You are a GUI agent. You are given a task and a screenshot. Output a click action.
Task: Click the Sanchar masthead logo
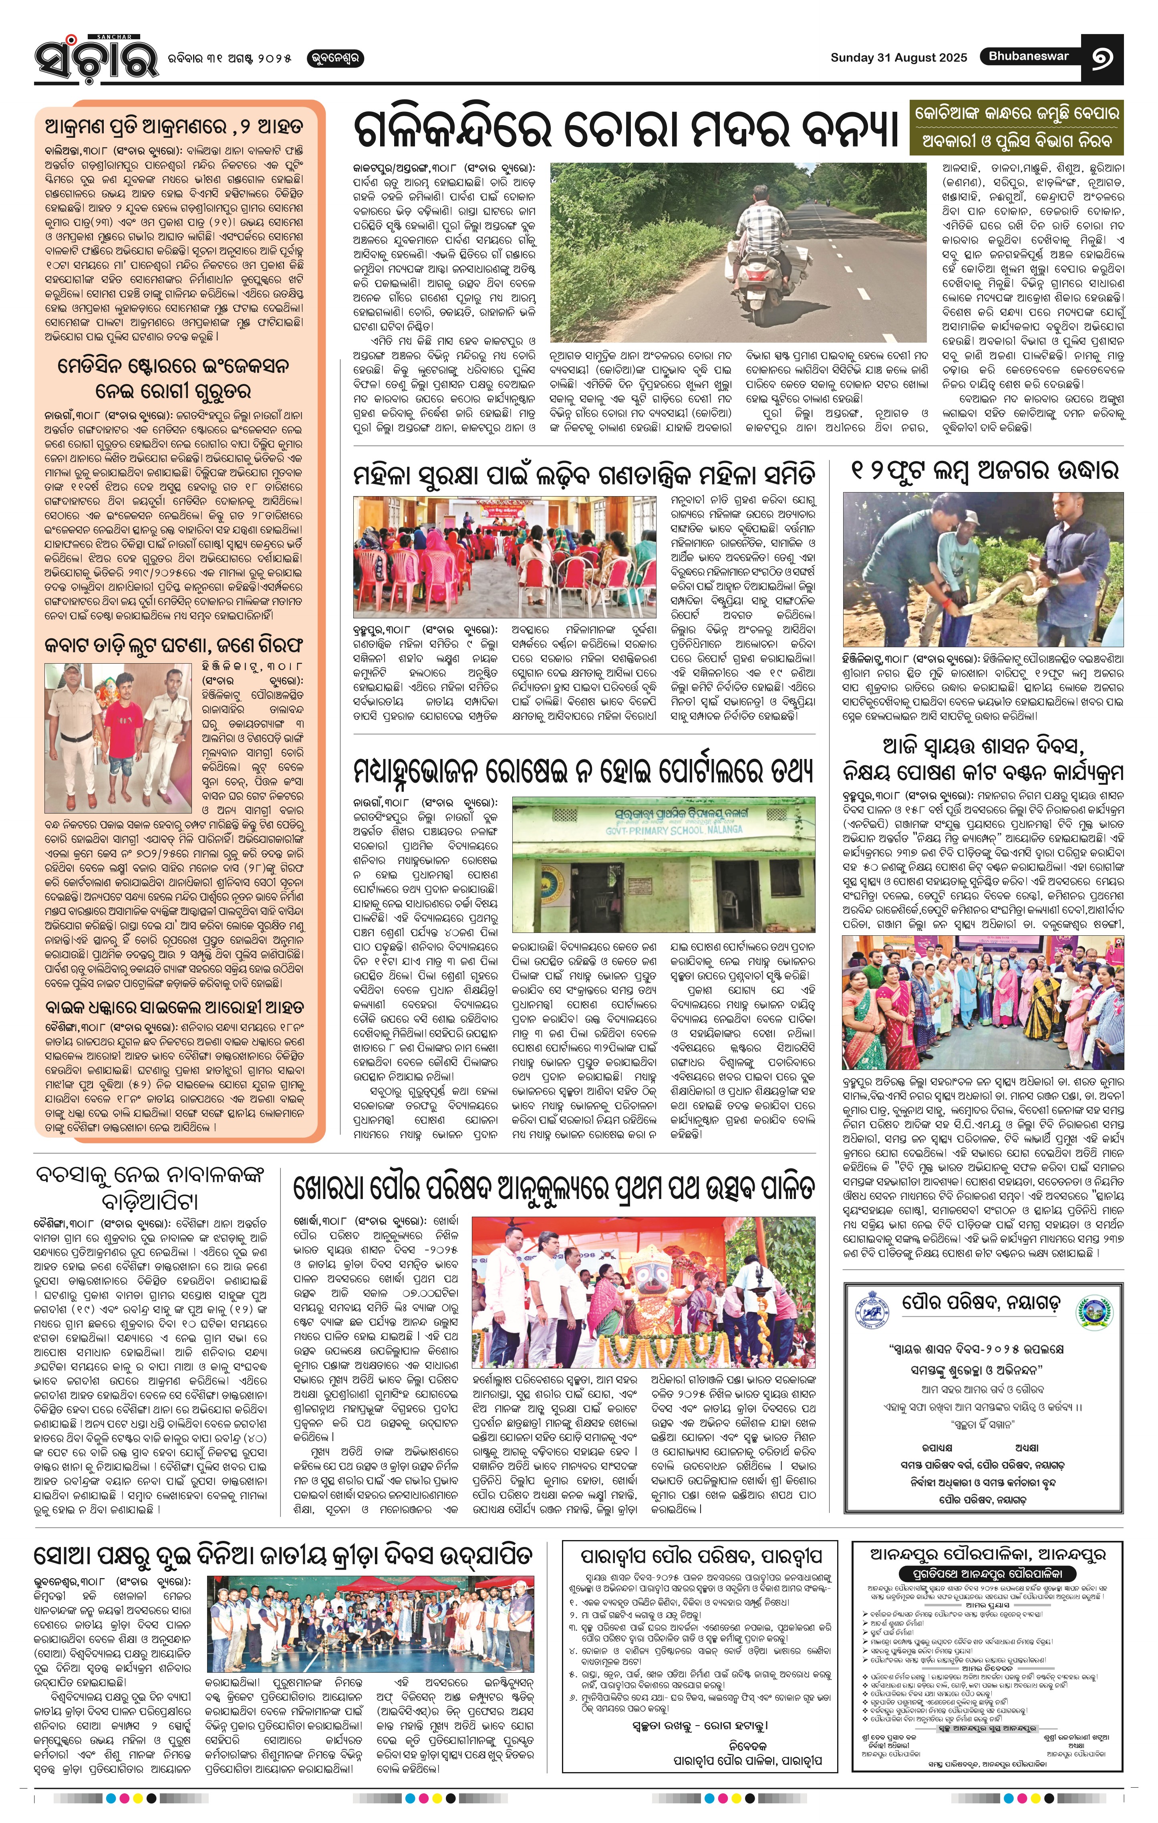(x=96, y=59)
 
